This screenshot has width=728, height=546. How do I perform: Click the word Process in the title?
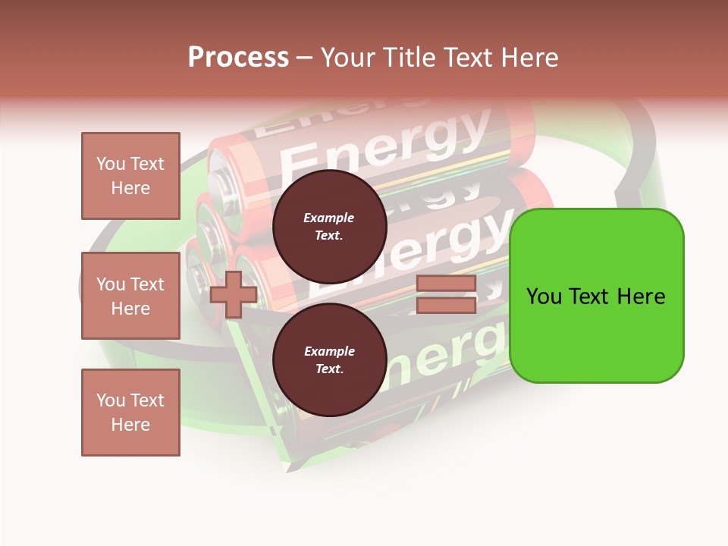[238, 58]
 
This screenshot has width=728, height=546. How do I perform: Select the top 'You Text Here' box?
[130, 176]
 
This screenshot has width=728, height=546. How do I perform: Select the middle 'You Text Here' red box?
[130, 296]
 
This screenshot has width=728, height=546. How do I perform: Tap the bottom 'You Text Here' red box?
[130, 412]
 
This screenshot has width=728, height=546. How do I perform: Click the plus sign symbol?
[234, 294]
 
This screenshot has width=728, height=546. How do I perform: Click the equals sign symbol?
[446, 294]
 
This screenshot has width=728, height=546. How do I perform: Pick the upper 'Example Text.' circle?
[329, 227]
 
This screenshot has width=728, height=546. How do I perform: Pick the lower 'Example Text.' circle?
[329, 360]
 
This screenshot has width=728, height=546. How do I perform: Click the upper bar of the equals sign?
[446, 284]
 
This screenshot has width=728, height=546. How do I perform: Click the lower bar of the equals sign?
[446, 305]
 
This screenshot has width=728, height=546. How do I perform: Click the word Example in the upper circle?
[329, 218]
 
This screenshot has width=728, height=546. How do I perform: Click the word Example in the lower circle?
[329, 351]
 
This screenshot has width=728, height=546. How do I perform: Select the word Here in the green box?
[641, 297]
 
